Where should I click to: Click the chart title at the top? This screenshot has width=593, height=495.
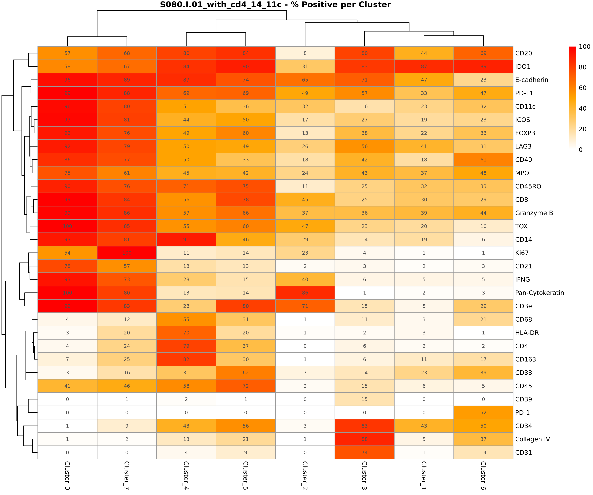point(275,5)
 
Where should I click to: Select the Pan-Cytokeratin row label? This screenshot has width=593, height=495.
point(539,293)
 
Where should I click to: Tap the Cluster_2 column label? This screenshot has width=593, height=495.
point(305,475)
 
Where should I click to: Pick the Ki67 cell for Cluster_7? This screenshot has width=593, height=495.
point(127,253)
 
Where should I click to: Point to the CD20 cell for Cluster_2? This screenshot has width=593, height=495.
point(305,53)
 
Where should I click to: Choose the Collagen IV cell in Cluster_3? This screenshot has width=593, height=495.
point(365,439)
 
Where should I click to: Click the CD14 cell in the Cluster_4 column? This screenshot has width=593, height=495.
point(186,240)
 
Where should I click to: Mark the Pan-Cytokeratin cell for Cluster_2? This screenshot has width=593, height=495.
point(305,293)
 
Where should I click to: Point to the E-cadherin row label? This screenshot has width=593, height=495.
point(531,80)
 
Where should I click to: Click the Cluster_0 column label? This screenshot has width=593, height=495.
point(67,475)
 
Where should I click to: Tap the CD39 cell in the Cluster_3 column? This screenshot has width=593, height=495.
point(365,399)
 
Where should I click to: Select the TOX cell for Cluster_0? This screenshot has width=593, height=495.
point(67,226)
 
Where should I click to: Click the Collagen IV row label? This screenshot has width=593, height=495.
point(532,439)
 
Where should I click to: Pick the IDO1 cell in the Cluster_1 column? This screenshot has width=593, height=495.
point(424,66)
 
